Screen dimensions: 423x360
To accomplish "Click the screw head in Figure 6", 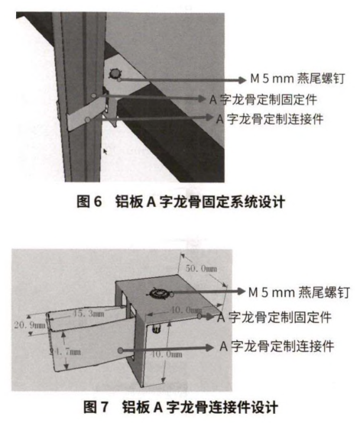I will [x=116, y=76].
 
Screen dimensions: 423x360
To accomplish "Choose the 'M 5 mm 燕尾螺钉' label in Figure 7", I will [x=291, y=292].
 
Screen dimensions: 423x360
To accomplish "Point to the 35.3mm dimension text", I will [x=89, y=312].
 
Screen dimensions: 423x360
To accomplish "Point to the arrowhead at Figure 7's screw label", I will [x=232, y=292].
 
